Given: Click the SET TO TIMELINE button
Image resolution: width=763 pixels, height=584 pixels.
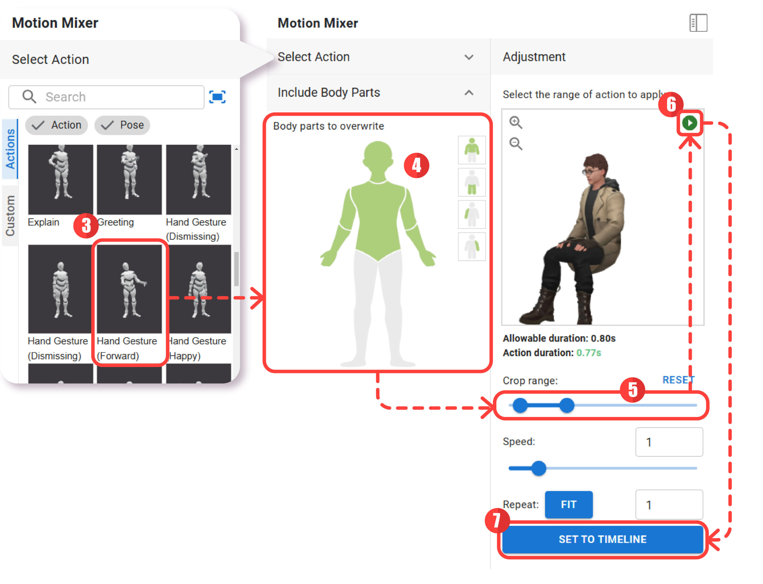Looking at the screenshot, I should (x=602, y=539).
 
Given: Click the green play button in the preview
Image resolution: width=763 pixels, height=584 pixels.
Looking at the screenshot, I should (x=689, y=123).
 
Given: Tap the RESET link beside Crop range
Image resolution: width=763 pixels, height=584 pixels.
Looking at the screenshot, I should (x=678, y=380).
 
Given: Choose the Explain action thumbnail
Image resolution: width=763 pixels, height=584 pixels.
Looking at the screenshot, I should (x=61, y=180).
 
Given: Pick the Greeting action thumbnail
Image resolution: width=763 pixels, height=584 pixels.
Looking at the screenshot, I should (x=129, y=180).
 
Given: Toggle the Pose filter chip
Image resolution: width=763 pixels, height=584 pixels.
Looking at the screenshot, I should (x=122, y=125).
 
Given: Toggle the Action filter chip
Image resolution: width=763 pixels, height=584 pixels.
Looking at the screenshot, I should (x=57, y=125).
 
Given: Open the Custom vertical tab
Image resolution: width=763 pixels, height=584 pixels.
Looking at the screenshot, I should (x=10, y=216).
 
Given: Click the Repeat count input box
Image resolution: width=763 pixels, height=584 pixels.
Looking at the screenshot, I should (x=669, y=505).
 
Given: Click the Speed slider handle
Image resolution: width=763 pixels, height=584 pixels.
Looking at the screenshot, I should (x=539, y=468).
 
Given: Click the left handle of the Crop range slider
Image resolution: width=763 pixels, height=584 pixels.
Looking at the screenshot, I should (x=520, y=405).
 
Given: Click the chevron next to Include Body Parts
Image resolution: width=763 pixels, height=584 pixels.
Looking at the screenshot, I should (x=469, y=93).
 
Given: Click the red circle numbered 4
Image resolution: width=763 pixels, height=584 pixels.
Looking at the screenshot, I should (x=416, y=165).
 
